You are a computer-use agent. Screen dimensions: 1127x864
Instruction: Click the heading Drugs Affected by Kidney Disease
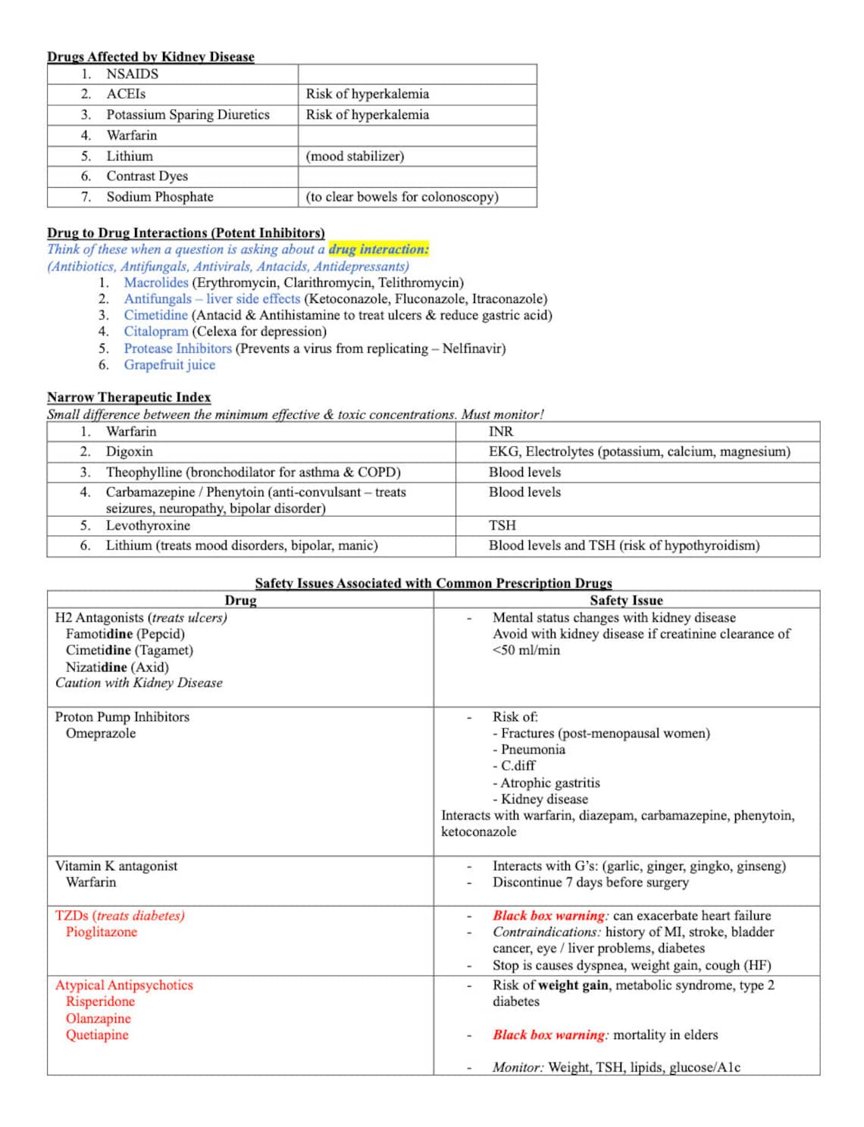click(150, 57)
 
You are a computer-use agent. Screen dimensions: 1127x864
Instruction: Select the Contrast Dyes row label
click(147, 176)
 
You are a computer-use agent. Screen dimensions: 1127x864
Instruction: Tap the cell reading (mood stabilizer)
click(355, 156)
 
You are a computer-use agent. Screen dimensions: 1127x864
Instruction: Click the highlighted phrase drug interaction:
click(378, 249)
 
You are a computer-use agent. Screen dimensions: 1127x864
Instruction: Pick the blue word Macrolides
click(156, 283)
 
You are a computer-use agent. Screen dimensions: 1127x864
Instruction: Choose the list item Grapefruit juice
click(170, 365)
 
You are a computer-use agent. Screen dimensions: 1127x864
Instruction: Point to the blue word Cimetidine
click(156, 315)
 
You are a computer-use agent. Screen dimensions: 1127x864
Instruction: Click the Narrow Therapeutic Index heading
click(129, 398)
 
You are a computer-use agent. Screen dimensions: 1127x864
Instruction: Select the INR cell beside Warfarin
click(501, 432)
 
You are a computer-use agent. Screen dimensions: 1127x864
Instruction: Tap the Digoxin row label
click(129, 452)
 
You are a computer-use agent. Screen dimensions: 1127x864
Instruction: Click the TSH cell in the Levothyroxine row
click(502, 526)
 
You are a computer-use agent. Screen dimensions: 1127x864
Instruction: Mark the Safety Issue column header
click(626, 601)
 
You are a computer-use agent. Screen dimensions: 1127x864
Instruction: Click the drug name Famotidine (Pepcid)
click(125, 634)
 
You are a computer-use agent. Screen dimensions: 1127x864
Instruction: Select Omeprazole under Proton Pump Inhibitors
click(101, 733)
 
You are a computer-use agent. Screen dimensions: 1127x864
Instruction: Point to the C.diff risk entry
click(518, 766)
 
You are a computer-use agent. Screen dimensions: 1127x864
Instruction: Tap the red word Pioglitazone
click(102, 932)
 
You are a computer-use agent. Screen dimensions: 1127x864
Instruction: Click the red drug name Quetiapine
click(97, 1035)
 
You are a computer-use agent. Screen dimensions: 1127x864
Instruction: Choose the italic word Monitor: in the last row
click(518, 1068)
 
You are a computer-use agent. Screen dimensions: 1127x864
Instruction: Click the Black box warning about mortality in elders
click(549, 1035)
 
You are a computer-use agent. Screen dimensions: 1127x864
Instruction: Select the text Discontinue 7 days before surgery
click(590, 882)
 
